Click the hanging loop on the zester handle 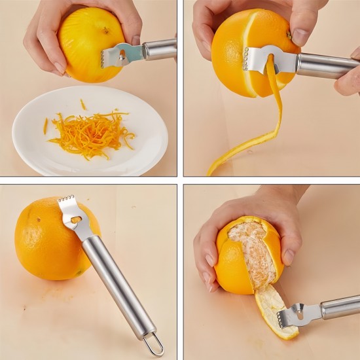[x=154, y=344]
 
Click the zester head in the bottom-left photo [x=73, y=216]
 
